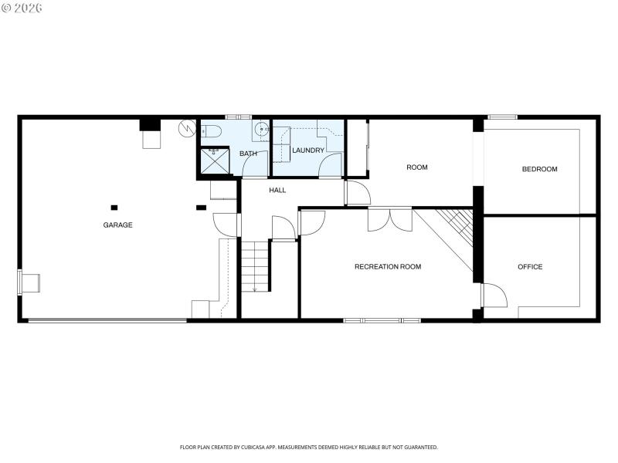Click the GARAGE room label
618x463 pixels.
pos(118,225)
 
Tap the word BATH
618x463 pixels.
pos(248,154)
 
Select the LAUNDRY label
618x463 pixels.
pos(308,150)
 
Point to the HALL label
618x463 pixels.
pos(277,190)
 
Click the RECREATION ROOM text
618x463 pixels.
pos(388,267)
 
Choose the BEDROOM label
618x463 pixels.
pos(539,169)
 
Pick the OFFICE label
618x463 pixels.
pos(530,267)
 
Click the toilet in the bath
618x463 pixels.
pos(212,130)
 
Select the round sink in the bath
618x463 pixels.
pos(263,128)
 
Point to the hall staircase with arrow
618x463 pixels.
pos(254,265)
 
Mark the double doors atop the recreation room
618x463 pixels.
pos(390,219)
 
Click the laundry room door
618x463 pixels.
pos(331,165)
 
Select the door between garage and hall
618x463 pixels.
pos(226,225)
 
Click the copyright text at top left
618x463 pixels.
pos(22,7)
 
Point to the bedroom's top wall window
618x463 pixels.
pos(502,117)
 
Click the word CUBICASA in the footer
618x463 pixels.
pos(274,447)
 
